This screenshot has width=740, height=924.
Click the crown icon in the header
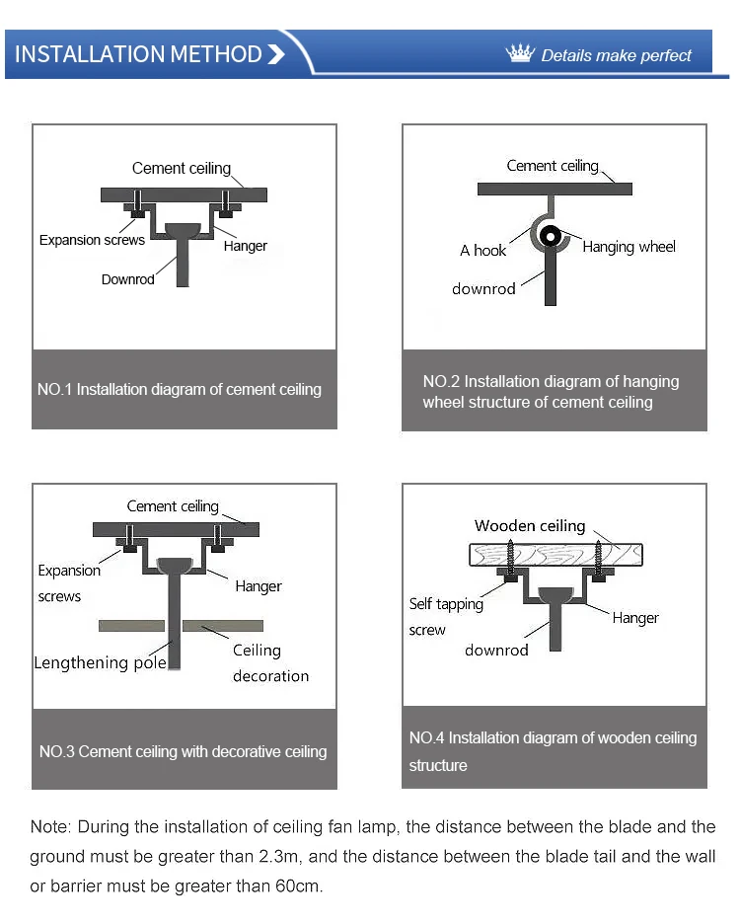(519, 53)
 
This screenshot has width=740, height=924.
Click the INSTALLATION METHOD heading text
(138, 54)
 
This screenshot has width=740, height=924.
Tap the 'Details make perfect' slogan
(617, 56)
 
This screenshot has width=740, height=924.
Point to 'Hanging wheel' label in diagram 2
(629, 247)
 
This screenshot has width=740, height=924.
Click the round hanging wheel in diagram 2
(551, 238)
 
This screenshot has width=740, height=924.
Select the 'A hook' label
(482, 251)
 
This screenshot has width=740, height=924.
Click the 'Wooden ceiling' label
(530, 526)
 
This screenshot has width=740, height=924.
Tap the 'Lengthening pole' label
(100, 662)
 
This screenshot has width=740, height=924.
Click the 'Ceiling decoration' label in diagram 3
(269, 663)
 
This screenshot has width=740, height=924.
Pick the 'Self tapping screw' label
(445, 616)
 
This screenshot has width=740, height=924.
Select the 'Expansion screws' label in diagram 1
(92, 240)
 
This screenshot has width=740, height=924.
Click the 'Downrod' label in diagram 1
(128, 279)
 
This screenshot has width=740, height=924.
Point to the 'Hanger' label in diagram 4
(635, 618)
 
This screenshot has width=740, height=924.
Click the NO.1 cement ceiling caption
(180, 389)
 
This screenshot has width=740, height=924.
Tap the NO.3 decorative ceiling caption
(183, 751)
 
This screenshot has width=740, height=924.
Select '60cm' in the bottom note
(297, 885)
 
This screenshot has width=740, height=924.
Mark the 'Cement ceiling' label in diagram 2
(553, 166)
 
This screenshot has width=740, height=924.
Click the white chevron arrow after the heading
(276, 54)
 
